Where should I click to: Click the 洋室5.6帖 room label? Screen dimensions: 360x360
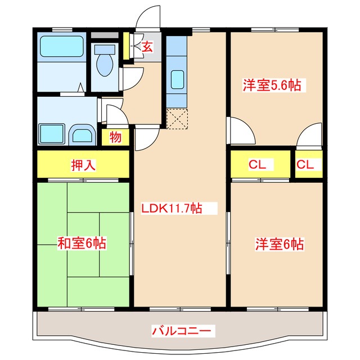[271, 85]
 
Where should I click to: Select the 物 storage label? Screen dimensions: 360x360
[115, 137]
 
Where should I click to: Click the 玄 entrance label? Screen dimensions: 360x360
[147, 47]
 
